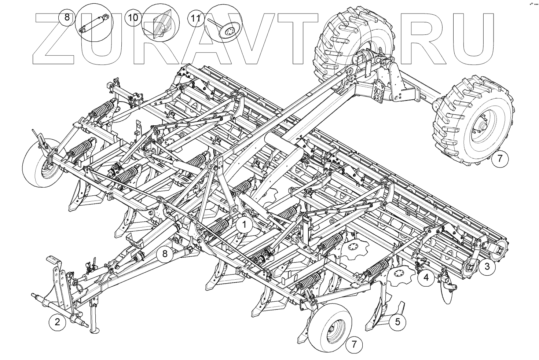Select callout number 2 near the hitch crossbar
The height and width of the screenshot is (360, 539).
click(57, 322)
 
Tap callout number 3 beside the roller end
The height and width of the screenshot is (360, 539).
click(487, 267)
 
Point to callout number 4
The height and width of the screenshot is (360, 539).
click(426, 278)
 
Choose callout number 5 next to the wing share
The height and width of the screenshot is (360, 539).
click(398, 322)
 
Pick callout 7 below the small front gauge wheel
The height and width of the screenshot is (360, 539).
click(354, 345)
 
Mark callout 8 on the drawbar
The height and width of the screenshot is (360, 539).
click(165, 254)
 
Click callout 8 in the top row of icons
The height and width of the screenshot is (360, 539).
click(67, 17)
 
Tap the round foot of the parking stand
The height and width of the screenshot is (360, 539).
click(95, 331)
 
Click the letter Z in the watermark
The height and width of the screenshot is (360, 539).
click(53, 38)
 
